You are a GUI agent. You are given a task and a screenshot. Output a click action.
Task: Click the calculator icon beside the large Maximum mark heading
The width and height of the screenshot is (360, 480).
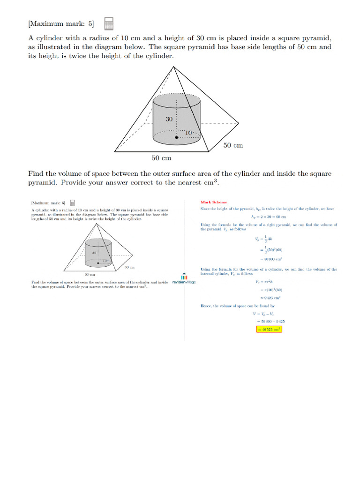109,23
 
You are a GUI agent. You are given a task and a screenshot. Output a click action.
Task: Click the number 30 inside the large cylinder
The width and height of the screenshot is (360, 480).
169,119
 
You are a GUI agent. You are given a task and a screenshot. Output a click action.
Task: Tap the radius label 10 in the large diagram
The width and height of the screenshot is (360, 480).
188,133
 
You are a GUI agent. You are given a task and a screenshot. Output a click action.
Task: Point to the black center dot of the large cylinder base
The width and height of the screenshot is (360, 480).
177,137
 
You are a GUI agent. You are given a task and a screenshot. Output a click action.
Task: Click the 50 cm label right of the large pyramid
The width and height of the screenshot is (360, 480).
232,145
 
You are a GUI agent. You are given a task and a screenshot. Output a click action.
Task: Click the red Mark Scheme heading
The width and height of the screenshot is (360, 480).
213,202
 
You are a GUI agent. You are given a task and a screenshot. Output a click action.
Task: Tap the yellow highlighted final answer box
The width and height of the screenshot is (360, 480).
269,329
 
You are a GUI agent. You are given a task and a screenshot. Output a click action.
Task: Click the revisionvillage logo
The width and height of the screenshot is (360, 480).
184,279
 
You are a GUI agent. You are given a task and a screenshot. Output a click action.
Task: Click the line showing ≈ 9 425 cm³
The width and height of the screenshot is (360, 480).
269,298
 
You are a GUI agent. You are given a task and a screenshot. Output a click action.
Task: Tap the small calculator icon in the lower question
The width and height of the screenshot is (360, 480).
73,203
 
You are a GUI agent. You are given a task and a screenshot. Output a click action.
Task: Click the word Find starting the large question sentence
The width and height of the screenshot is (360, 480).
37,174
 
